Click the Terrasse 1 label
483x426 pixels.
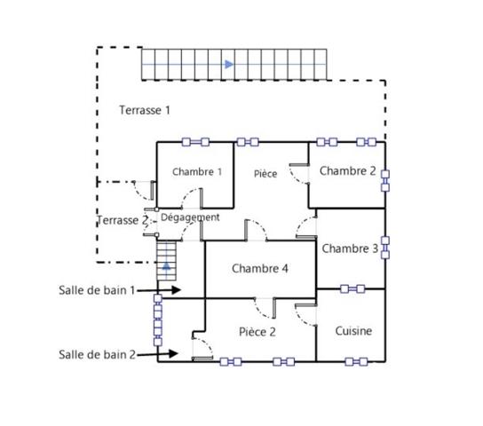145,110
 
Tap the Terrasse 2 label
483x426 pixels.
123,220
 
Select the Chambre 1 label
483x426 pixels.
197,172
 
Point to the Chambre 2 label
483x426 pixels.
348,170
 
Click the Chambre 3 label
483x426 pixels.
350,248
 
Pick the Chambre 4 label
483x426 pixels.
260,269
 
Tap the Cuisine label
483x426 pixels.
353,331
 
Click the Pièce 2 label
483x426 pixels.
257,332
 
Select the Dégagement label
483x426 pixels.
190,217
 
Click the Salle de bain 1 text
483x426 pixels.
97,290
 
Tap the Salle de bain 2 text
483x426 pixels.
97,355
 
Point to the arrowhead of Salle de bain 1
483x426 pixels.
176,289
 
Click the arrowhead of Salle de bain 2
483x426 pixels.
174,353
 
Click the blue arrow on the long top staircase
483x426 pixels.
229,64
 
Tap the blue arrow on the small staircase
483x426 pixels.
166,266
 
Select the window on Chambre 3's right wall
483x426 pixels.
385,248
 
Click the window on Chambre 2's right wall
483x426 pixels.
385,181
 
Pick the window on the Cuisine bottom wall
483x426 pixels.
356,362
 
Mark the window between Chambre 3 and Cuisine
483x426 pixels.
352,289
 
